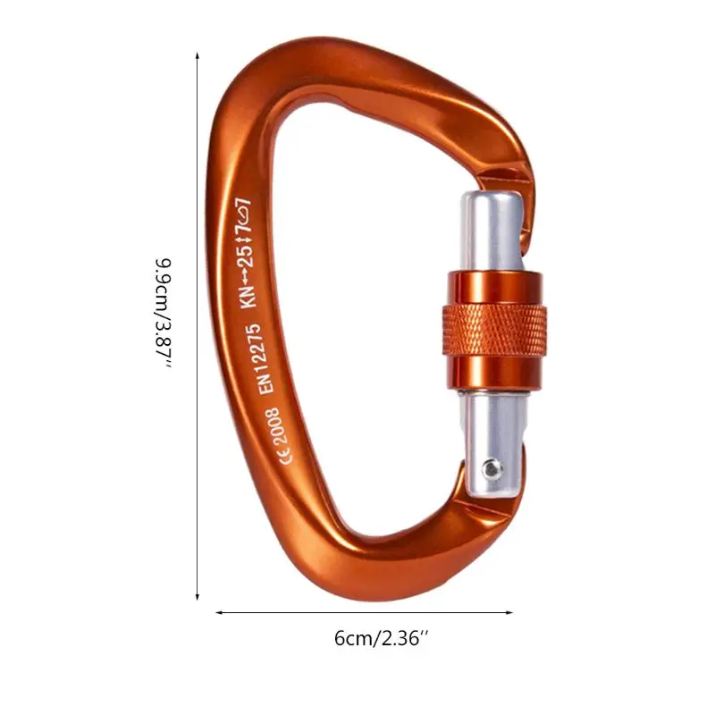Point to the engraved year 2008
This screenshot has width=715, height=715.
[x=273, y=426]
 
